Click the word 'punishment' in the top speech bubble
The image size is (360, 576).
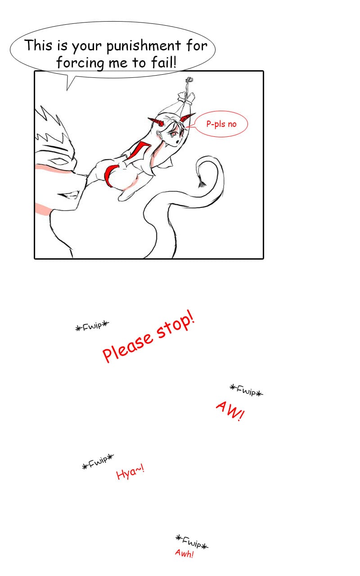pos(144,46)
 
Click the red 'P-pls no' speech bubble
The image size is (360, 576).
pos(221,124)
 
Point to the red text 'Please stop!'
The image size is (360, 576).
pos(148,336)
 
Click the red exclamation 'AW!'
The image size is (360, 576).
pos(229,411)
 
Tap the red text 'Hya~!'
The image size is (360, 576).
pos(130,472)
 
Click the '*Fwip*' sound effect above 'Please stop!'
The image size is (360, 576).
pos(92,326)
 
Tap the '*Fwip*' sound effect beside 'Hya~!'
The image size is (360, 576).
pos(98,462)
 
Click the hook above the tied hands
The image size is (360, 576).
pos(189,80)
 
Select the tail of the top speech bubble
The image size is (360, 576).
pos(70,82)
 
